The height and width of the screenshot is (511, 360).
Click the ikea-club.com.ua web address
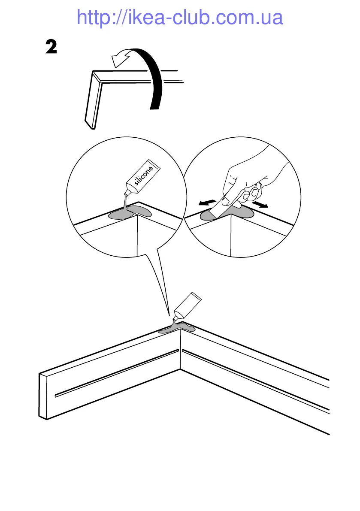(x=180, y=18)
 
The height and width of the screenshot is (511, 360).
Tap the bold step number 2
(x=51, y=47)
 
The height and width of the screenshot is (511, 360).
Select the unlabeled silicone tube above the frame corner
(x=187, y=305)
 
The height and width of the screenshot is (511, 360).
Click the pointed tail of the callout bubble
(x=168, y=313)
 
